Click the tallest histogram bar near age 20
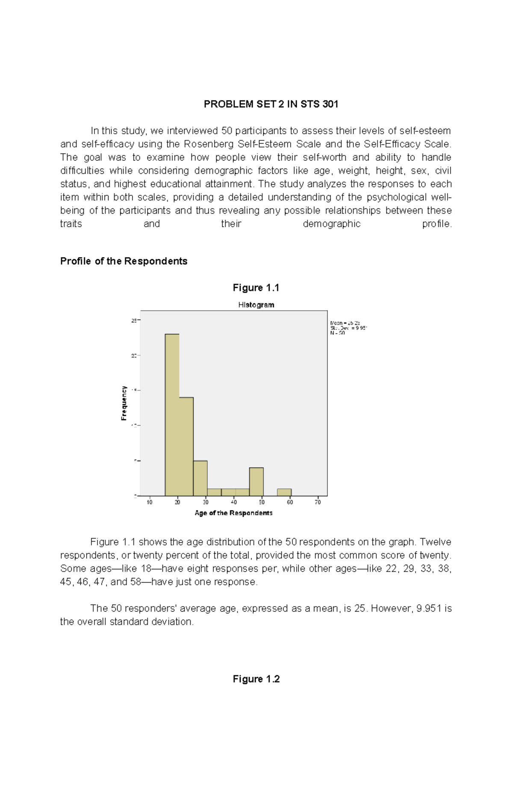click(172, 415)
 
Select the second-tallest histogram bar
click(186, 447)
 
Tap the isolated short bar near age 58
click(284, 492)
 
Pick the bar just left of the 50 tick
click(256, 482)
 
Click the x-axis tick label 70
click(318, 502)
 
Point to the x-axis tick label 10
click(150, 502)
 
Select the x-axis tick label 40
click(234, 502)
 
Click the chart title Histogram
click(256, 305)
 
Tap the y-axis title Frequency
click(124, 403)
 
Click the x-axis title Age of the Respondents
click(233, 513)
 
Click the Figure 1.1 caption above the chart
click(256, 288)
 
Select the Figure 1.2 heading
click(256, 679)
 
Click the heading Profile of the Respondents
click(124, 261)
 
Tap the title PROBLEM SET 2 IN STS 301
click(271, 104)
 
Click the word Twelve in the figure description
click(435, 542)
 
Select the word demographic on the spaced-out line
click(331, 224)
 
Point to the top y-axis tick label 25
click(134, 320)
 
